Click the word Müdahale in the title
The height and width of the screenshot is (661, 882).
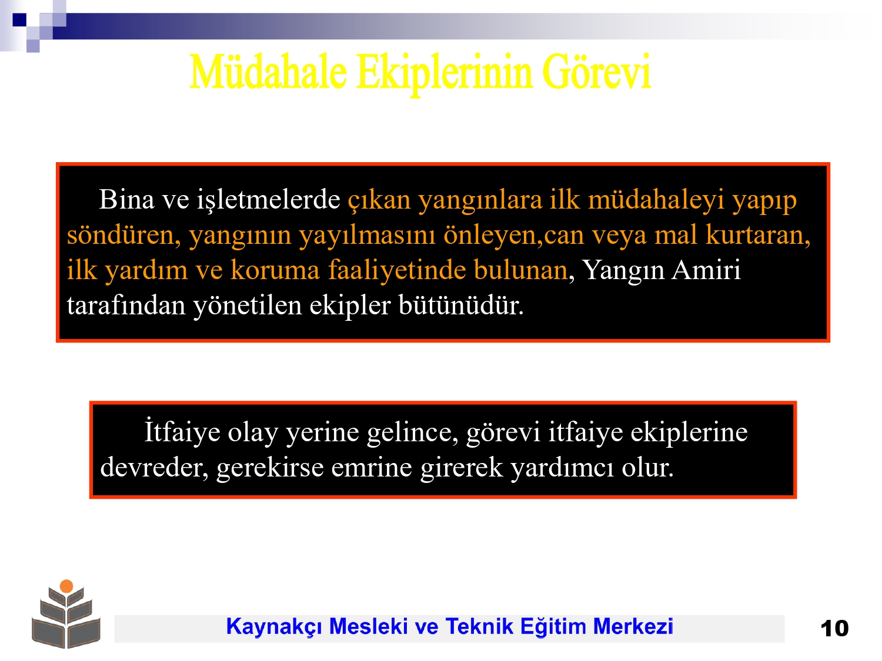[268, 72]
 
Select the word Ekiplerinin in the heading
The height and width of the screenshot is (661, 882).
[445, 74]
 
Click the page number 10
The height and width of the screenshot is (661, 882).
[834, 628]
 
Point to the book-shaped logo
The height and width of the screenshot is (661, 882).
[66, 614]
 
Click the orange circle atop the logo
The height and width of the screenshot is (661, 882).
[66, 586]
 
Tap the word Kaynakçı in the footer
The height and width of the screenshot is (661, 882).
[274, 627]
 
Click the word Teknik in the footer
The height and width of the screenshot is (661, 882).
[479, 626]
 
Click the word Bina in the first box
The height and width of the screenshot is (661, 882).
[126, 199]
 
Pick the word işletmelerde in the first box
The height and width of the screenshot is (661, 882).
[268, 200]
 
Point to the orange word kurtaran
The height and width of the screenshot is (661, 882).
[758, 235]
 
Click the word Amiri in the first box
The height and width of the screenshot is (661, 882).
[706, 270]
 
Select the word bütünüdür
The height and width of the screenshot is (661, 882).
[462, 305]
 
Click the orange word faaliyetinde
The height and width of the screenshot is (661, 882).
[397, 270]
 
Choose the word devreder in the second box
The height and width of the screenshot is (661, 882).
[154, 468]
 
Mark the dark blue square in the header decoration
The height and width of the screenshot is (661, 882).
[19, 19]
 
